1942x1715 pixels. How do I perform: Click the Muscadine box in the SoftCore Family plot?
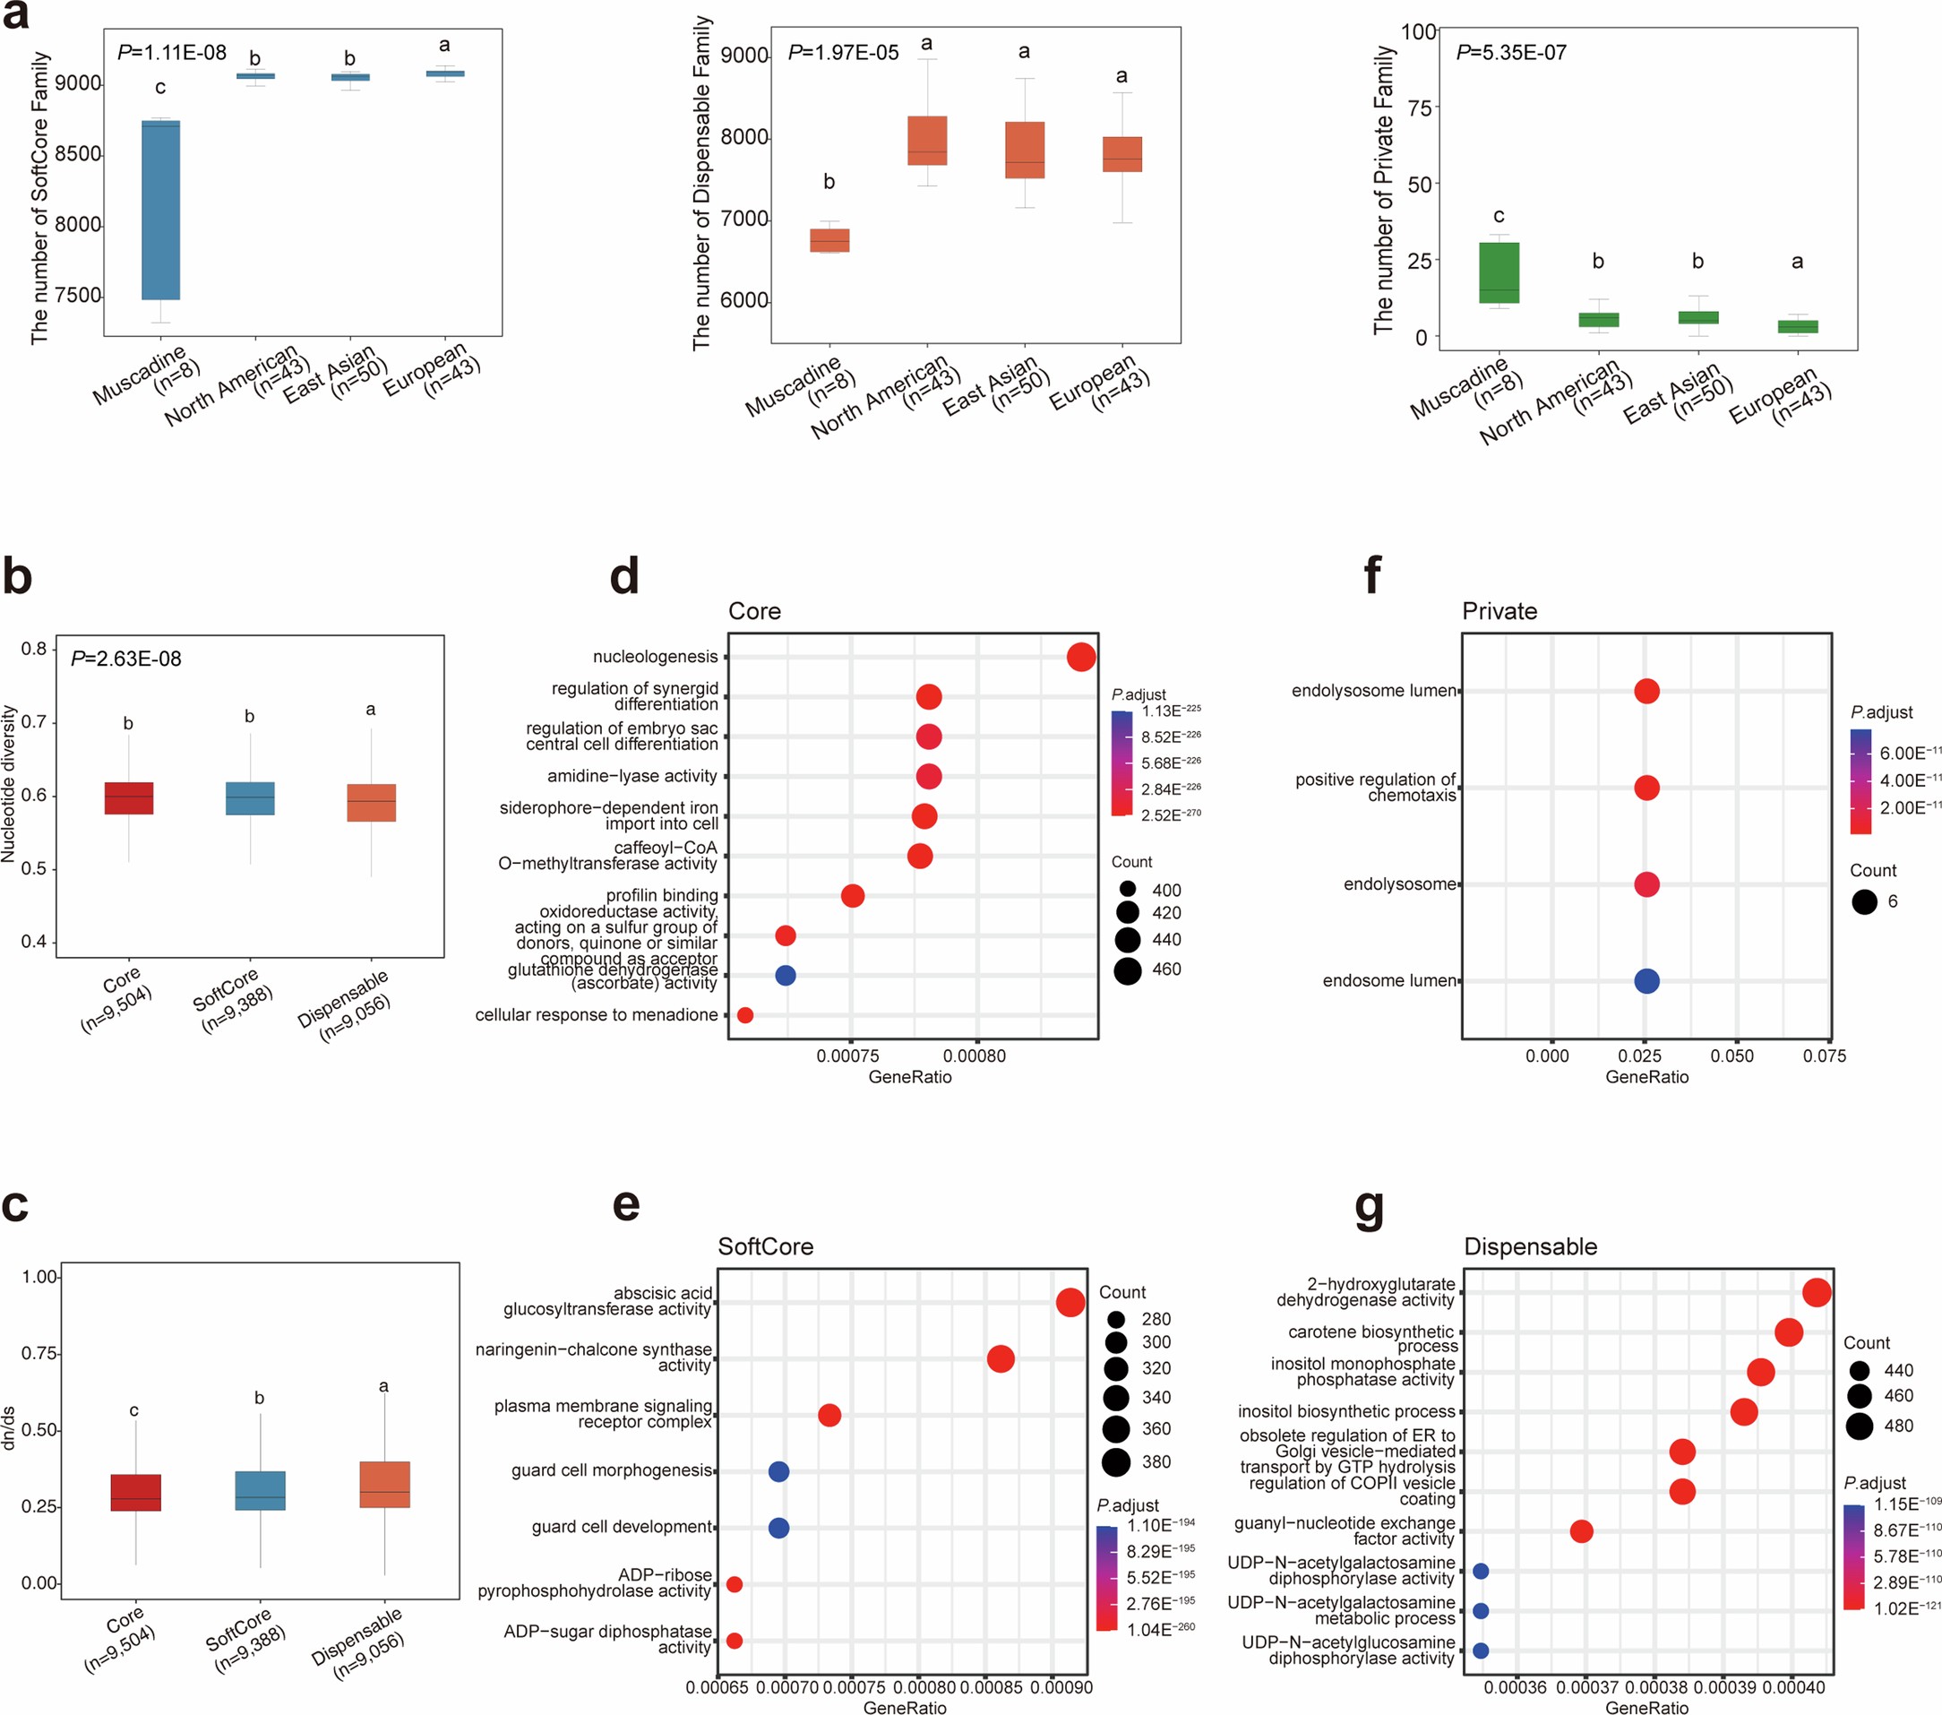(160, 210)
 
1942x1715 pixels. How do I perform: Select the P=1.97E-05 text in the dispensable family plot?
(843, 53)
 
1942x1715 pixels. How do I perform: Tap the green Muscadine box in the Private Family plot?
(1499, 272)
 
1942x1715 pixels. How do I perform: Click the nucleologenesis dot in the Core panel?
(1080, 657)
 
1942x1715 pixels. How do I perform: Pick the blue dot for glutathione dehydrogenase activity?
(785, 975)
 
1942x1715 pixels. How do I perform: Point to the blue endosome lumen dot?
(1646, 980)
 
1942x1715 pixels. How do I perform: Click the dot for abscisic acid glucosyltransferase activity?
(1070, 1302)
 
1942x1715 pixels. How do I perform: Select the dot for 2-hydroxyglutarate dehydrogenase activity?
(1816, 1292)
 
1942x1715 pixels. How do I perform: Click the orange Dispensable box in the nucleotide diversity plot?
(371, 803)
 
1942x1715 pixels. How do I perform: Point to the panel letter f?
(1371, 576)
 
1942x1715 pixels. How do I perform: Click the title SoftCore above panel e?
(765, 1246)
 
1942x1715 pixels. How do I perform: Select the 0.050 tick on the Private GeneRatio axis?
(1732, 1056)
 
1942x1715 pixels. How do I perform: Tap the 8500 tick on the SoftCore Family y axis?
(77, 155)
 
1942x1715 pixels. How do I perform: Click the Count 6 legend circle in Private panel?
(1864, 901)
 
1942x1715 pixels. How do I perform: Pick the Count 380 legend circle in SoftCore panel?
(1115, 1461)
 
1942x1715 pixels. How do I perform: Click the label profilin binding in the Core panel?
(661, 895)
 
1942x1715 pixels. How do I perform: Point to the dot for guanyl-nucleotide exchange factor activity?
(1581, 1530)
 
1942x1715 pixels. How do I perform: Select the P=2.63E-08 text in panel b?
(126, 659)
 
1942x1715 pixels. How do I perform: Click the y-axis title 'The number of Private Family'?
(1383, 190)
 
